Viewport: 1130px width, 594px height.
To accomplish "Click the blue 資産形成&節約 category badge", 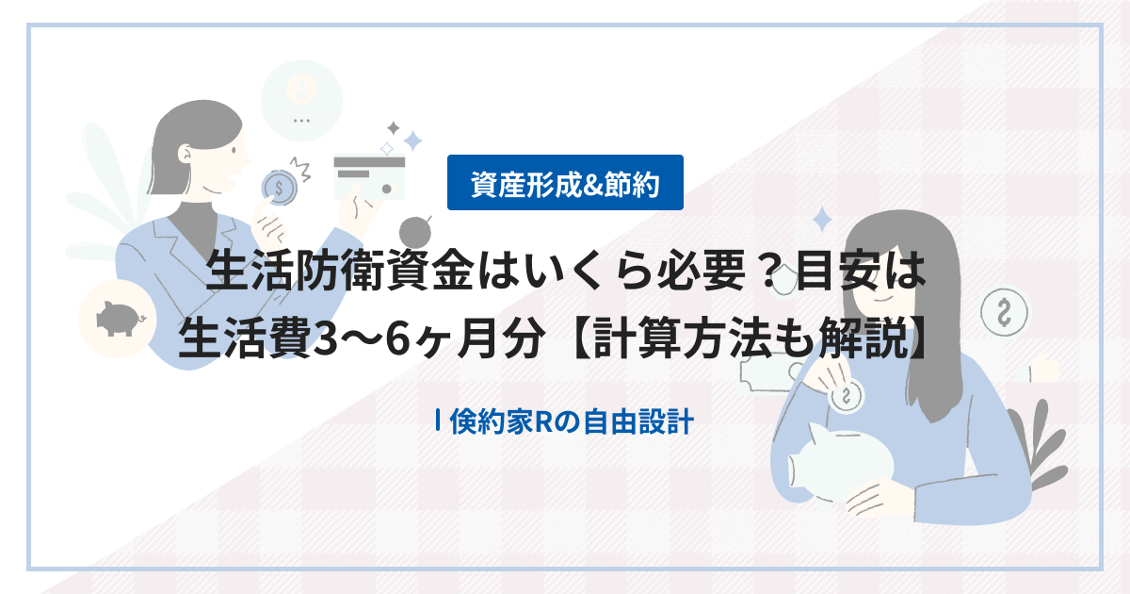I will click(565, 183).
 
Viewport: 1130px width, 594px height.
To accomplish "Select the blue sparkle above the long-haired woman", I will click(821, 219).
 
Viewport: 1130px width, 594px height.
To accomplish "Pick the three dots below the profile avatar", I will click(302, 121).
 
